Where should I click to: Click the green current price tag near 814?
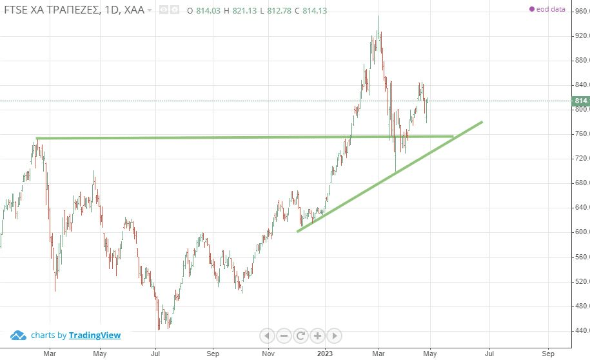pos(580,101)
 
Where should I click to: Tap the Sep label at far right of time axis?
pos(549,354)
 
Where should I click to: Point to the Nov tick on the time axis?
pos(269,354)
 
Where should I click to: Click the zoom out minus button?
pos(284,335)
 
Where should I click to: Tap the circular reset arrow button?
pos(300,335)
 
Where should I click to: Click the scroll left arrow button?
pos(267,335)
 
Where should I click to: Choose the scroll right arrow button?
pos(334,335)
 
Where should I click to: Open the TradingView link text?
pos(95,335)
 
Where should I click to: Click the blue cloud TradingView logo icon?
pos(18,335)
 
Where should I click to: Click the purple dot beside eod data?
pos(531,10)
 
